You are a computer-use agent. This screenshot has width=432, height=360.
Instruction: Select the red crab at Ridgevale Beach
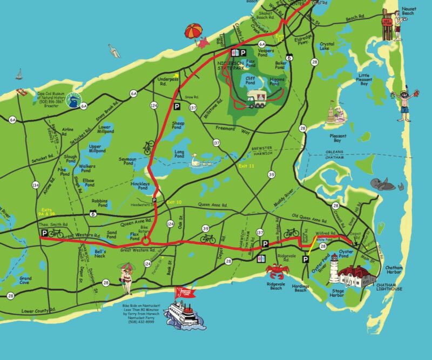275,269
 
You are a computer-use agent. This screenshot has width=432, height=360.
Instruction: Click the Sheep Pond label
178,125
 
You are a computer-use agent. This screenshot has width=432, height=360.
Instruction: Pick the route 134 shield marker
36,185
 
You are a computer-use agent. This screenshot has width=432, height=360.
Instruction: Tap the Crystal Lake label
327,47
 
